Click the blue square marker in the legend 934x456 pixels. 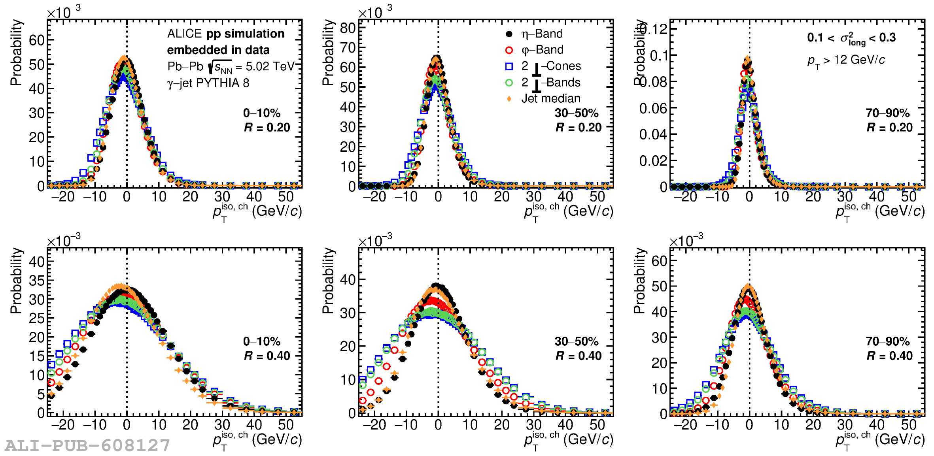point(509,66)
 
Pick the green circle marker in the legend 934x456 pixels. point(509,83)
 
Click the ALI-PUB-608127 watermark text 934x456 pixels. point(87,446)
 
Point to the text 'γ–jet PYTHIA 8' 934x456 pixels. point(208,83)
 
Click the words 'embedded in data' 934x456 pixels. point(218,50)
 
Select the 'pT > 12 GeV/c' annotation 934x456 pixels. point(846,60)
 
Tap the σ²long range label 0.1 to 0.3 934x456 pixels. point(851,38)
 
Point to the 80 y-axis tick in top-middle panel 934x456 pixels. point(348,28)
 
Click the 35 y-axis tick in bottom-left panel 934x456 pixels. point(36,281)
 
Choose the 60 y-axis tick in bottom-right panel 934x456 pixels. point(659,261)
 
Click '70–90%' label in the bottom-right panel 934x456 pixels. point(888,341)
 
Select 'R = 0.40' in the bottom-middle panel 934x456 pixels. point(578,356)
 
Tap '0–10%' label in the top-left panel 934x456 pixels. point(262,113)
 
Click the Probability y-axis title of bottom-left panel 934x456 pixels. point(16,281)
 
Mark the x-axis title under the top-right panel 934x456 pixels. point(880,212)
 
